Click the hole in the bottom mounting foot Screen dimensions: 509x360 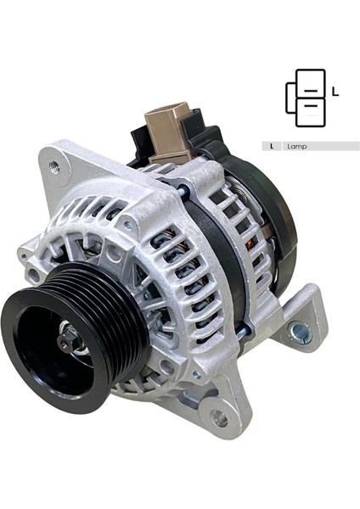pos(218,418)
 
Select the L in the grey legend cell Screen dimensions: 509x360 pos(272,146)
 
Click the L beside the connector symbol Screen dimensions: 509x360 pos(335,92)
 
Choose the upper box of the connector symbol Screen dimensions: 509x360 pos(311,82)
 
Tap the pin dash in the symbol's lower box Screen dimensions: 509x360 pos(311,103)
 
